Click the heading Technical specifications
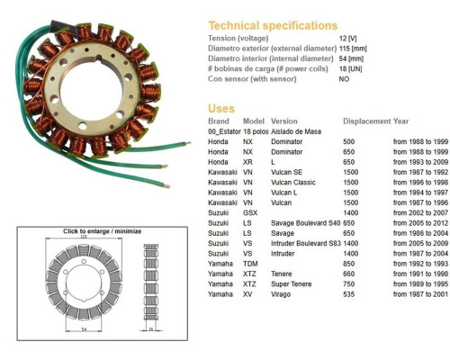[273, 25]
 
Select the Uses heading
[221, 108]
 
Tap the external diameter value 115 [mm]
[353, 49]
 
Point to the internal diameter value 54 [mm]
[351, 58]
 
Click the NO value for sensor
[344, 79]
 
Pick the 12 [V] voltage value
[347, 38]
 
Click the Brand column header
[219, 121]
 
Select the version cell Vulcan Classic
[293, 183]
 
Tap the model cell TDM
[250, 264]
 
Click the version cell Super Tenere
[292, 284]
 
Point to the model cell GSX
[250, 213]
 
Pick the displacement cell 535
[349, 294]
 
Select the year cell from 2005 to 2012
[420, 223]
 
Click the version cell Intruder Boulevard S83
[306, 243]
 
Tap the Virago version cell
[281, 294]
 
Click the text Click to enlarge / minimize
[102, 231]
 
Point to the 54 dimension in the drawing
[84, 329]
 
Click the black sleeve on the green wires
[58, 25]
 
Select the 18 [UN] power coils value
[350, 68]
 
